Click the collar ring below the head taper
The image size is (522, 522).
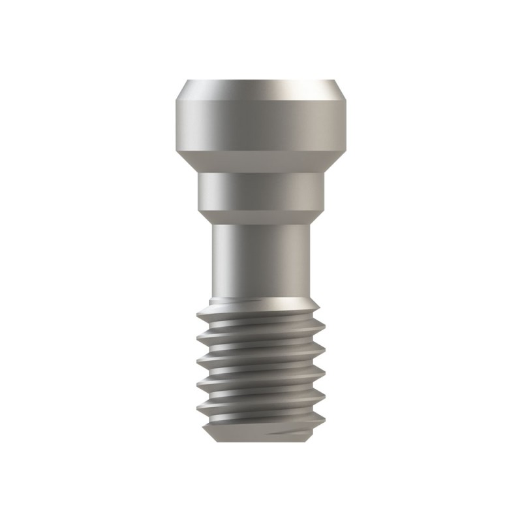261,191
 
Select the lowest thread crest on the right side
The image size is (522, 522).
324,400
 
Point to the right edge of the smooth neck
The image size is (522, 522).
310,261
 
